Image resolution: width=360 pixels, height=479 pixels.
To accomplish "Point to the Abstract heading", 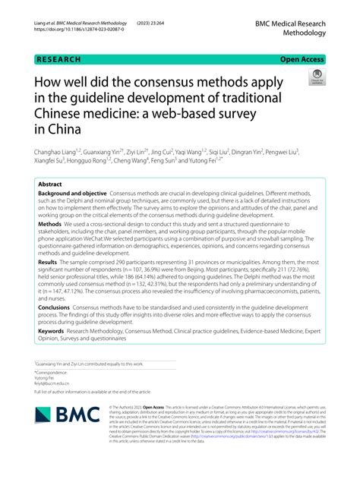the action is click(50, 184).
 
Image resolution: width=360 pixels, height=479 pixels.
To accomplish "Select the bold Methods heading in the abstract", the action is click(50, 225).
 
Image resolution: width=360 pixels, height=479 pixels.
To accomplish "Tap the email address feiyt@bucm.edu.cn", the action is click(52, 384).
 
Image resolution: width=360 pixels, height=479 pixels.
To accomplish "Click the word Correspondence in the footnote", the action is click(53, 372).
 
